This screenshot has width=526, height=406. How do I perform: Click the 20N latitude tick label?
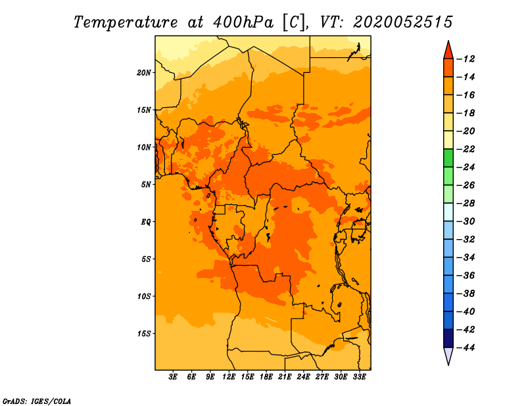(144, 73)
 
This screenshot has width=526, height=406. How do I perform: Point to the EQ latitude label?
(146, 222)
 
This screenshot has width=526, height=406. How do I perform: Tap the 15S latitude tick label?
(144, 334)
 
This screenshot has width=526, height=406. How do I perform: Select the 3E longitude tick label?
(173, 376)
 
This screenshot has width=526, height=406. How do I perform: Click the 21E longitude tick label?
(285, 376)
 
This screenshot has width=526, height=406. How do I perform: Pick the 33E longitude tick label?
(359, 376)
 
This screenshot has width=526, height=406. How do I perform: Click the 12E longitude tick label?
(229, 376)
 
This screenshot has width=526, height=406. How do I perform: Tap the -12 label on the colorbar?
(466, 59)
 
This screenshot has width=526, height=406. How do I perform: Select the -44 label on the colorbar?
(466, 348)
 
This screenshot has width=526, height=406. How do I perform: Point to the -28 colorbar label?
(466, 204)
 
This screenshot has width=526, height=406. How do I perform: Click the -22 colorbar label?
(466, 149)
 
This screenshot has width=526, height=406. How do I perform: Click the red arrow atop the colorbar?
(448, 51)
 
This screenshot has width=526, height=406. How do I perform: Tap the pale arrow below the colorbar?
(448, 355)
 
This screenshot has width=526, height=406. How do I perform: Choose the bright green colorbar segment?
(448, 158)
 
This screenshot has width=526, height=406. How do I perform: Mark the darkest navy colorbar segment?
(448, 338)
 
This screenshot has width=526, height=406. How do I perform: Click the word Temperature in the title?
(126, 23)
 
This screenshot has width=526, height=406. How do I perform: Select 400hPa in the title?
(243, 22)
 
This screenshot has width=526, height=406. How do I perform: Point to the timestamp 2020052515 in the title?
(403, 22)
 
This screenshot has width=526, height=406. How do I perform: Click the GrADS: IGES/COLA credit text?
(37, 401)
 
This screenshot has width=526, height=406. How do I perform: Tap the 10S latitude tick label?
(144, 296)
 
